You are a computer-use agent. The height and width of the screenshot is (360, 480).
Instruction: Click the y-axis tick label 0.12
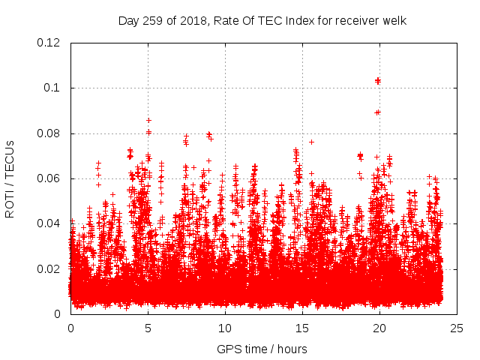point(49,43)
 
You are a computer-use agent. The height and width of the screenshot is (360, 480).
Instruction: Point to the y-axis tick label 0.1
point(52,88)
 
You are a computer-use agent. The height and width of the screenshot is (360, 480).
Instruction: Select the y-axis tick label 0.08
point(49,133)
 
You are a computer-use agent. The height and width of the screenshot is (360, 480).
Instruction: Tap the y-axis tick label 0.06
point(49,178)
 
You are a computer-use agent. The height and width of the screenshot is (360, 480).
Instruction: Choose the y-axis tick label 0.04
point(49,223)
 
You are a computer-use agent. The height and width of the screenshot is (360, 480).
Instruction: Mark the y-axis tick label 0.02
point(49,268)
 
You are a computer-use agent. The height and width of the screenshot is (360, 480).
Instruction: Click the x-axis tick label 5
point(148,328)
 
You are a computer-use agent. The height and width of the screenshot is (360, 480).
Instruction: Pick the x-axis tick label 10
point(225,328)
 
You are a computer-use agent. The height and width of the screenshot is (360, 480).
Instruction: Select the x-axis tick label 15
point(302,328)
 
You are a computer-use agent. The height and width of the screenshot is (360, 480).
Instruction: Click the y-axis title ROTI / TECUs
point(10,178)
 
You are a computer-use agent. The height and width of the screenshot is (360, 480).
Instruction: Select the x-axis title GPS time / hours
point(262,349)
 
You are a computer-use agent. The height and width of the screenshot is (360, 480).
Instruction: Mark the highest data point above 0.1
point(378,80)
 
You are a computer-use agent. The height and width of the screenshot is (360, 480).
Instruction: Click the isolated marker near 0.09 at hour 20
point(378,112)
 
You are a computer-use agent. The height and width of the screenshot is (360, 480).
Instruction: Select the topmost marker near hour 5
point(148,120)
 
